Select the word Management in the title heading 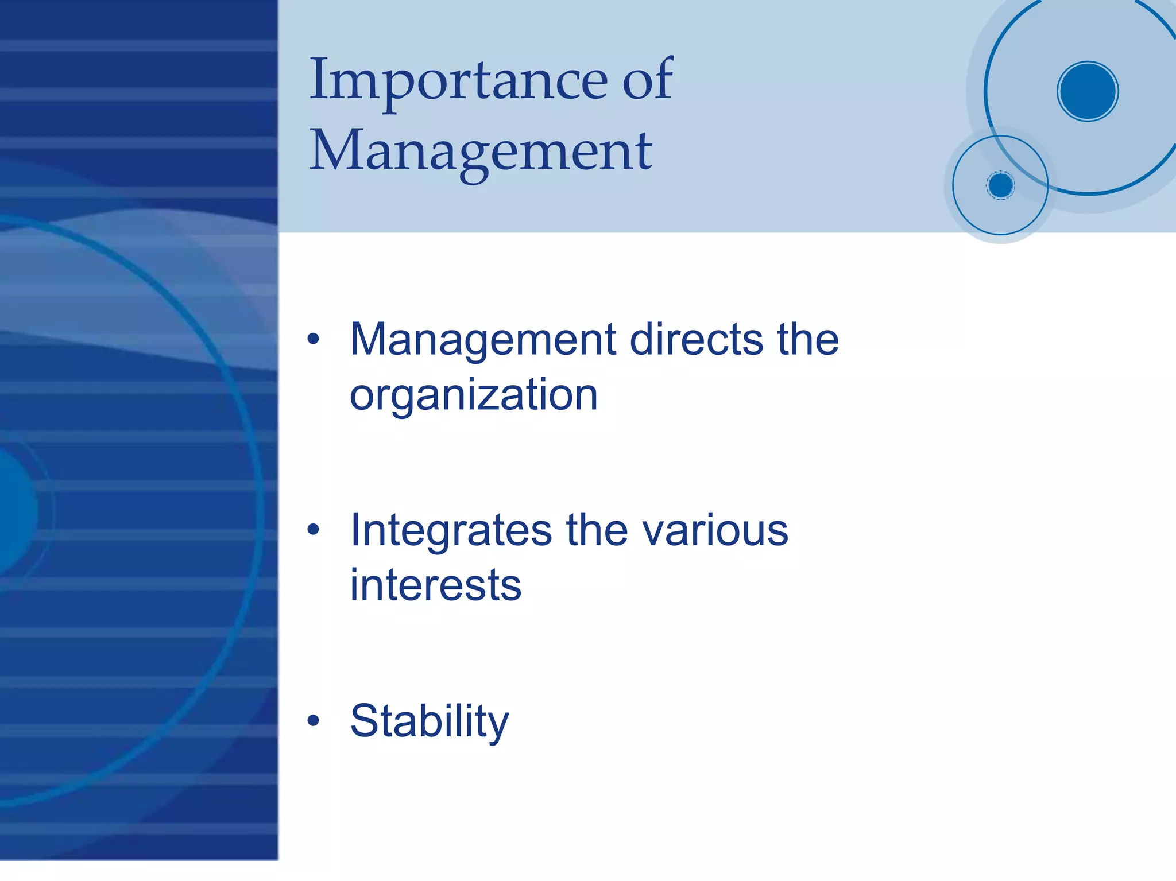tap(481, 150)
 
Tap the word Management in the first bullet tap(482, 340)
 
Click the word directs tap(696, 340)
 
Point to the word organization tap(474, 396)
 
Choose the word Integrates tap(451, 530)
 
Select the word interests tap(436, 585)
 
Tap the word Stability tap(430, 721)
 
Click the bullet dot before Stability tap(313, 720)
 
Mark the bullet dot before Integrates tap(313, 529)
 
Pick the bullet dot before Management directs tap(313, 339)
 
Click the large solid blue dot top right tap(1088, 91)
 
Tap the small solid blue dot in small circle tap(1001, 185)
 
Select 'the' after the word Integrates tap(597, 530)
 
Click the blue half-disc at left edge tap(17, 511)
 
